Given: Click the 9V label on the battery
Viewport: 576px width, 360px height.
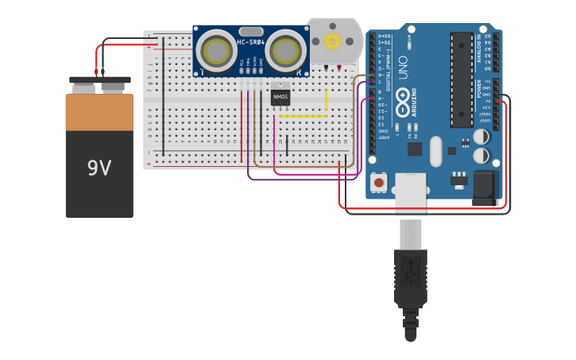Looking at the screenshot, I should [99, 168].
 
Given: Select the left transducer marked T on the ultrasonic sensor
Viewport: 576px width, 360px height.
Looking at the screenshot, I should [215, 51].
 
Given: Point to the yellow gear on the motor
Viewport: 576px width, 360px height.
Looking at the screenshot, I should [332, 41].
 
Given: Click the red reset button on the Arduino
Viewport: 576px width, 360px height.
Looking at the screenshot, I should [379, 183].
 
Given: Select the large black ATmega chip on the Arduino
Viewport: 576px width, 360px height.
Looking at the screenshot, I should [462, 79].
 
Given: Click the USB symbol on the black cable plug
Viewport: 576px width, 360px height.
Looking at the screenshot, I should [411, 274].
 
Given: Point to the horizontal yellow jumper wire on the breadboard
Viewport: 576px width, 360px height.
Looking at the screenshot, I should [302, 117].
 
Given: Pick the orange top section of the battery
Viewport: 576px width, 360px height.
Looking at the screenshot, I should [99, 112].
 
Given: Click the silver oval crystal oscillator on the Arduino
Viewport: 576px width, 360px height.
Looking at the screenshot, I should [435, 150].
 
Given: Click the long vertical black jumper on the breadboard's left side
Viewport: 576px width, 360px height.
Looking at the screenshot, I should [164, 95].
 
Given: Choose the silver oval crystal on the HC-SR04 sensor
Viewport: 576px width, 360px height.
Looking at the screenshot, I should [249, 31].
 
